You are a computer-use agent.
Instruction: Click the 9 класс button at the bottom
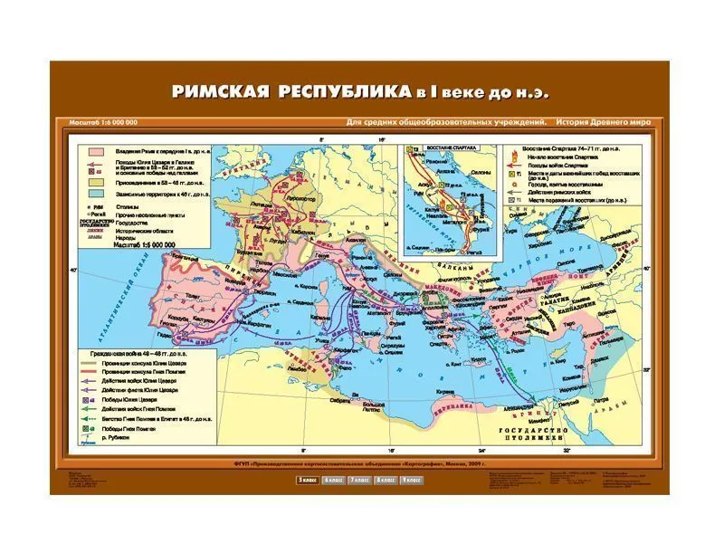click(412, 479)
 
